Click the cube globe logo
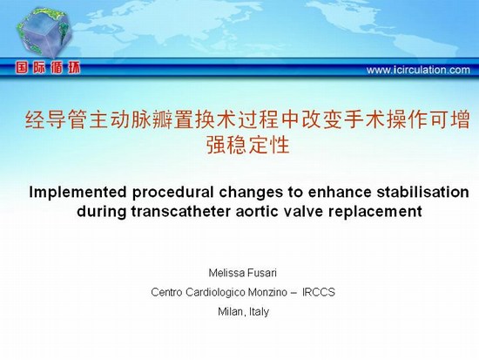point(45,32)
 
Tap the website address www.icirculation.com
point(418,70)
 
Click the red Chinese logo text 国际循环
point(48,68)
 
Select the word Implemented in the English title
point(78,193)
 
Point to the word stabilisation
point(422,192)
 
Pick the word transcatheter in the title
point(181,211)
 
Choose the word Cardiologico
point(215,292)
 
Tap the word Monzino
point(267,292)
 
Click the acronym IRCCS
point(319,292)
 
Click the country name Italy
point(259,312)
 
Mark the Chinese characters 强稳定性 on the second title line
point(247,145)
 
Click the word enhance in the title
point(340,192)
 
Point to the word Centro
point(167,292)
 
